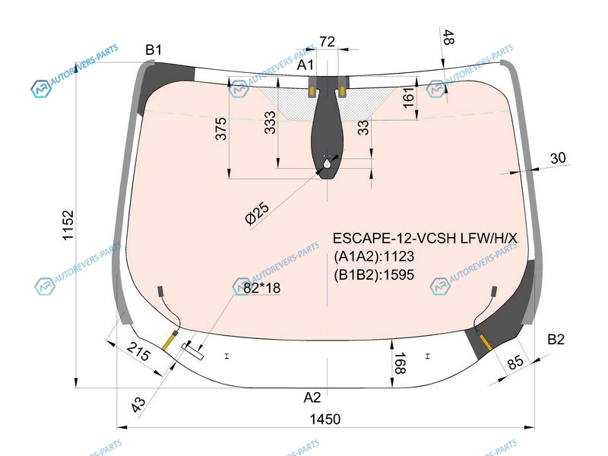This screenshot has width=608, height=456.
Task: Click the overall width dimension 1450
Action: (x=325, y=420)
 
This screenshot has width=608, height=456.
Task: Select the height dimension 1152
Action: (x=68, y=225)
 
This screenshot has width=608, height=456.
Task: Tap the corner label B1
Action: (x=154, y=49)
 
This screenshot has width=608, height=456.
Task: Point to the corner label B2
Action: (x=556, y=339)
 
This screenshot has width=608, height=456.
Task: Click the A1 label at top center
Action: (x=306, y=65)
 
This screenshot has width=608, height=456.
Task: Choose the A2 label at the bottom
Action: (x=312, y=397)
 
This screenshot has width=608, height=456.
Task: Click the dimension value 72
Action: (x=328, y=42)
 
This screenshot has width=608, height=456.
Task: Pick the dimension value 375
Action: (x=220, y=128)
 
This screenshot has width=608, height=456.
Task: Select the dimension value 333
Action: (x=270, y=122)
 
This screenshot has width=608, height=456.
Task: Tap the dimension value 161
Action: (x=409, y=97)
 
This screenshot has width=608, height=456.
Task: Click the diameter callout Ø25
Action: (x=258, y=213)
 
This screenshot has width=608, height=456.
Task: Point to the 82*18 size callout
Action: (x=261, y=288)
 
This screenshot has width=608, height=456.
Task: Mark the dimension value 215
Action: (x=138, y=351)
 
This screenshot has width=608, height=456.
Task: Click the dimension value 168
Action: (x=400, y=363)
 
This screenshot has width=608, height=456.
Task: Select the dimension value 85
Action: (x=515, y=363)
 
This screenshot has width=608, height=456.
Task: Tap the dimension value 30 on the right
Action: (x=558, y=158)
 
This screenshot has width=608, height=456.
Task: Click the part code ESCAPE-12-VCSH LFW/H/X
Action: (x=425, y=238)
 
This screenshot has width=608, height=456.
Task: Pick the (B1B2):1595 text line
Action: (x=374, y=274)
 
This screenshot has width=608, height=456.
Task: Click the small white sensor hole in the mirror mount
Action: (x=328, y=163)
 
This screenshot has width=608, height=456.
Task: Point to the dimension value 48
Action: (x=448, y=37)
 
